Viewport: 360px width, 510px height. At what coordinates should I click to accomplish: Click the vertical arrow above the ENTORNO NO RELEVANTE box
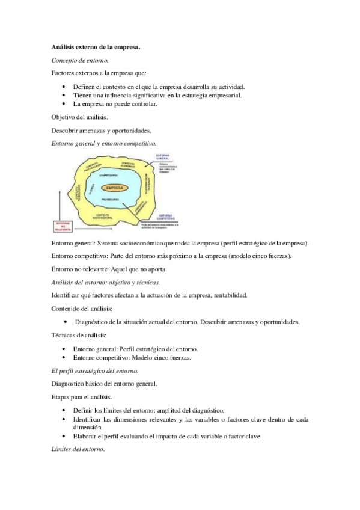pos(60,204)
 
